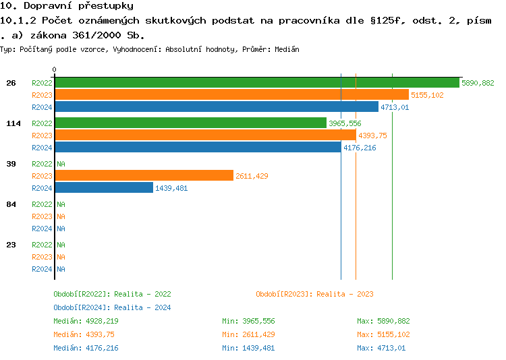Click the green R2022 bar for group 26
(257, 83)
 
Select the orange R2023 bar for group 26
(231, 95)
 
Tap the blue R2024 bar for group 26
(217, 107)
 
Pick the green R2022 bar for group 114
(190, 123)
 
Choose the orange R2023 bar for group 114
(205, 136)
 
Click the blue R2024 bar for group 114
(198, 148)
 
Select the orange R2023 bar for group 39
(144, 176)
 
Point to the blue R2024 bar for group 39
(104, 188)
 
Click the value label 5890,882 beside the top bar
(478, 83)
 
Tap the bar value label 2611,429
(252, 176)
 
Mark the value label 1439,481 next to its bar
(171, 188)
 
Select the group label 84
(11, 204)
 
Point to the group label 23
(11, 245)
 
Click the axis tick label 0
(55, 69)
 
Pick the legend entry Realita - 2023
(314, 294)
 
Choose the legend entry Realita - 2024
(112, 307)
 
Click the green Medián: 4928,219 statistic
(86, 321)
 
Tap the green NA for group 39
(61, 164)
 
